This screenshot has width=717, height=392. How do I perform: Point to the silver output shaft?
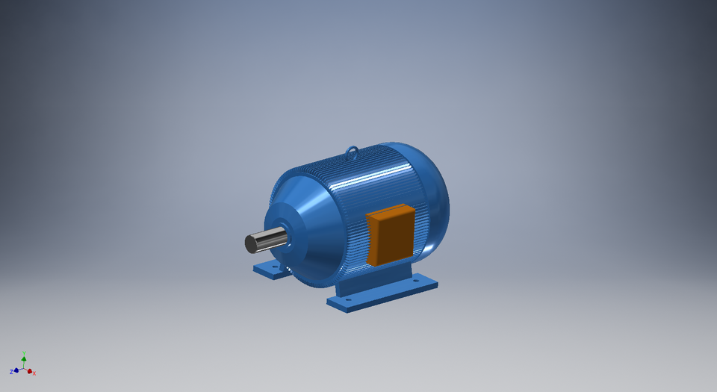point(269,240)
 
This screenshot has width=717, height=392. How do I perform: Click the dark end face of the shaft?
point(250,244)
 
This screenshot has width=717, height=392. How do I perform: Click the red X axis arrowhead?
point(30,371)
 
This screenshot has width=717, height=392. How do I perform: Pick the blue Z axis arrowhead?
point(16,370)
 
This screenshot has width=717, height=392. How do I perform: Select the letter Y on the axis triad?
point(24,352)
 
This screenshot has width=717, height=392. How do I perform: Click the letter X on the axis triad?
point(34,373)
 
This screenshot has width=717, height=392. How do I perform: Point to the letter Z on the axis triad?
point(11,372)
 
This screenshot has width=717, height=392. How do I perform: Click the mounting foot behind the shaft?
point(270,269)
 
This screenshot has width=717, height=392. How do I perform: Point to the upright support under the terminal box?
point(373,276)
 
